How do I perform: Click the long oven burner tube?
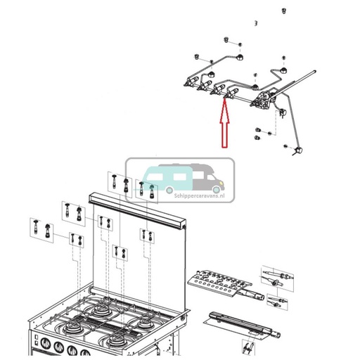click(x=243, y=323)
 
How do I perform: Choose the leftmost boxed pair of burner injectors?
click(x=39, y=228)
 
